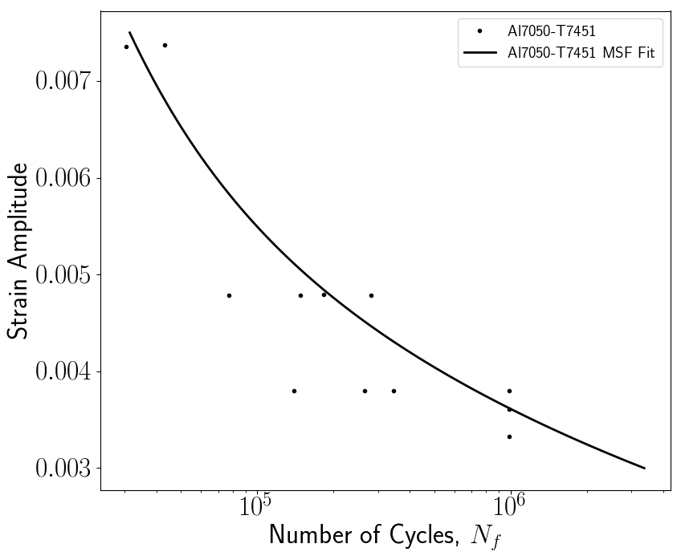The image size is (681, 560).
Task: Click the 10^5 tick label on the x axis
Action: coord(255,508)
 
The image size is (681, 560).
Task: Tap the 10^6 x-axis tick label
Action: coord(508,508)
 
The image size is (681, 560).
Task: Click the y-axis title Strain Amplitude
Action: coord(18,250)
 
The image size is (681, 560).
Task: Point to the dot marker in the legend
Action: coord(479,31)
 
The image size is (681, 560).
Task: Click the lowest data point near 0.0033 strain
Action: coord(509,436)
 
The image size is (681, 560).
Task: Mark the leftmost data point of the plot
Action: coord(126,47)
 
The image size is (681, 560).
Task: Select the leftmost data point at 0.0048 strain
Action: coord(229,295)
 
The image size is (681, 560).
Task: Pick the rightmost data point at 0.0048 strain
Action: coord(371,295)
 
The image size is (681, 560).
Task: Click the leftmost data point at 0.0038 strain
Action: coord(294,391)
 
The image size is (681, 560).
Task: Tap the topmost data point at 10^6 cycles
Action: coord(509,391)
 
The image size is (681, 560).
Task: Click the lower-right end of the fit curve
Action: coord(644,468)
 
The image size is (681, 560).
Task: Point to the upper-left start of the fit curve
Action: coord(129,32)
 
